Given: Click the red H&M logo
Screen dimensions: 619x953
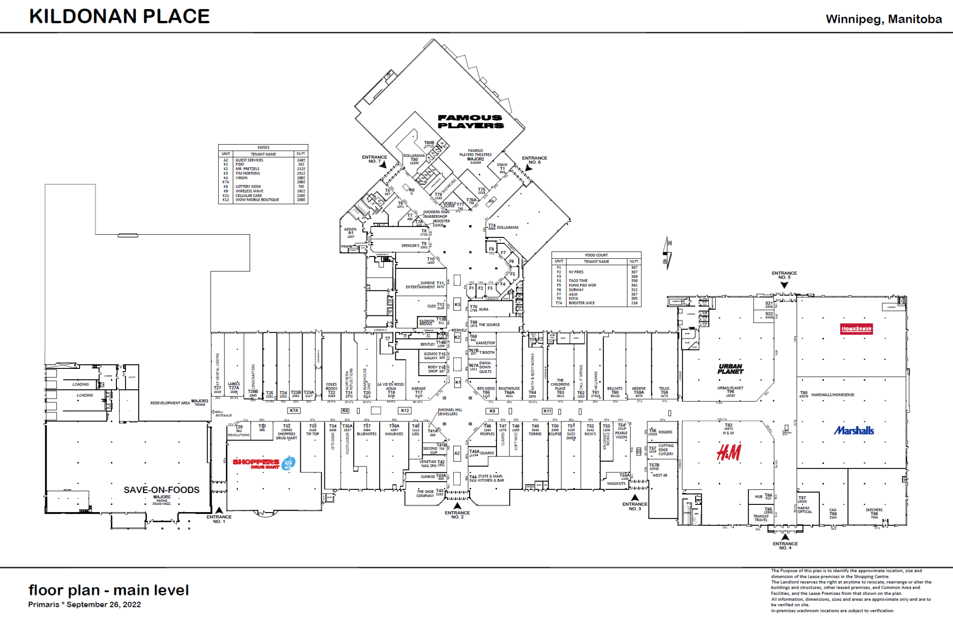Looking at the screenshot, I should tap(729, 452).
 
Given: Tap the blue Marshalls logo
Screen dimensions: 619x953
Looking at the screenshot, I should tap(854, 430).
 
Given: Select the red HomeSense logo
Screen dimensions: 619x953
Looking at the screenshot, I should tap(856, 329).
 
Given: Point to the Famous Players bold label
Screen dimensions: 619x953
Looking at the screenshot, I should tap(471, 121).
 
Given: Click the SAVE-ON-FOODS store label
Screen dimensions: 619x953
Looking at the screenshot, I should tap(162, 490).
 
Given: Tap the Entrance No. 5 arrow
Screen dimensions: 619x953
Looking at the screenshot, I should tap(784, 285).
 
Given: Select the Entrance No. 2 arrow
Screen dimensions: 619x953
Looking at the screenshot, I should tap(457, 506).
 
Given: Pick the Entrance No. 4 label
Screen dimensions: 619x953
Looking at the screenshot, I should tap(785, 546).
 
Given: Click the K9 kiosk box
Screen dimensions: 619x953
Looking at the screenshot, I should tap(492, 411).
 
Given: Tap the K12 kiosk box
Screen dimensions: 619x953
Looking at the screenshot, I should tap(404, 410).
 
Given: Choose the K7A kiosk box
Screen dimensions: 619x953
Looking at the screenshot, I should tap(294, 410).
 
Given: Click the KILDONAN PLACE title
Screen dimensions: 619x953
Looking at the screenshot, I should tap(119, 16).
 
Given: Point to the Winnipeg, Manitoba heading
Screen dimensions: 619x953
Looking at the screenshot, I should tap(884, 19).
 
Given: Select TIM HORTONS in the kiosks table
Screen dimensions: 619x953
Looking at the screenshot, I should tap(247, 173).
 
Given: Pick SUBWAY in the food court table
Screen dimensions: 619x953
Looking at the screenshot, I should tap(576, 290).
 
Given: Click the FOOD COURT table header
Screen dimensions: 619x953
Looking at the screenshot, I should tap(596, 255).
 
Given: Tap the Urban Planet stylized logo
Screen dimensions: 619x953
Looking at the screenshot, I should tap(730, 369).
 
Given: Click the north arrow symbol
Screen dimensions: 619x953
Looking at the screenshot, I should tap(667, 253).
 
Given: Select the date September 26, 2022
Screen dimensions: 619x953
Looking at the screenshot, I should tap(104, 604).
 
